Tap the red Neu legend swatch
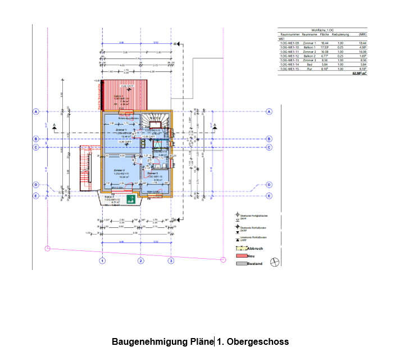(240, 255)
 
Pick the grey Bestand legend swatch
(240, 263)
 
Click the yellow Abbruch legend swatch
(240, 247)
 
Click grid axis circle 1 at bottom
(102, 261)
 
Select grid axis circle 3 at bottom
(171, 261)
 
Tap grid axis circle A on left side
(36, 111)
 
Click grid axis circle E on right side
(269, 196)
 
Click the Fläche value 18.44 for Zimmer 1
(325, 43)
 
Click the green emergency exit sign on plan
(130, 199)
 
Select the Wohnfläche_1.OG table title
(322, 30)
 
